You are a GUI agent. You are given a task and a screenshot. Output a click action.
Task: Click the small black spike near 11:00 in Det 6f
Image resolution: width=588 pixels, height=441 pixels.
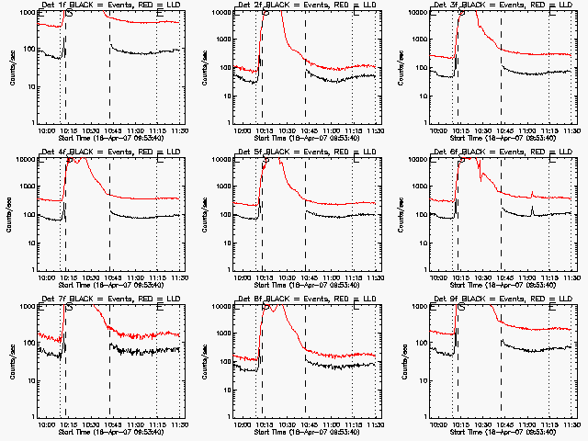coord(532,209)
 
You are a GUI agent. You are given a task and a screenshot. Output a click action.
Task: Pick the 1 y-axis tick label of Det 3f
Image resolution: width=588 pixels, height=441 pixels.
coord(422,123)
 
